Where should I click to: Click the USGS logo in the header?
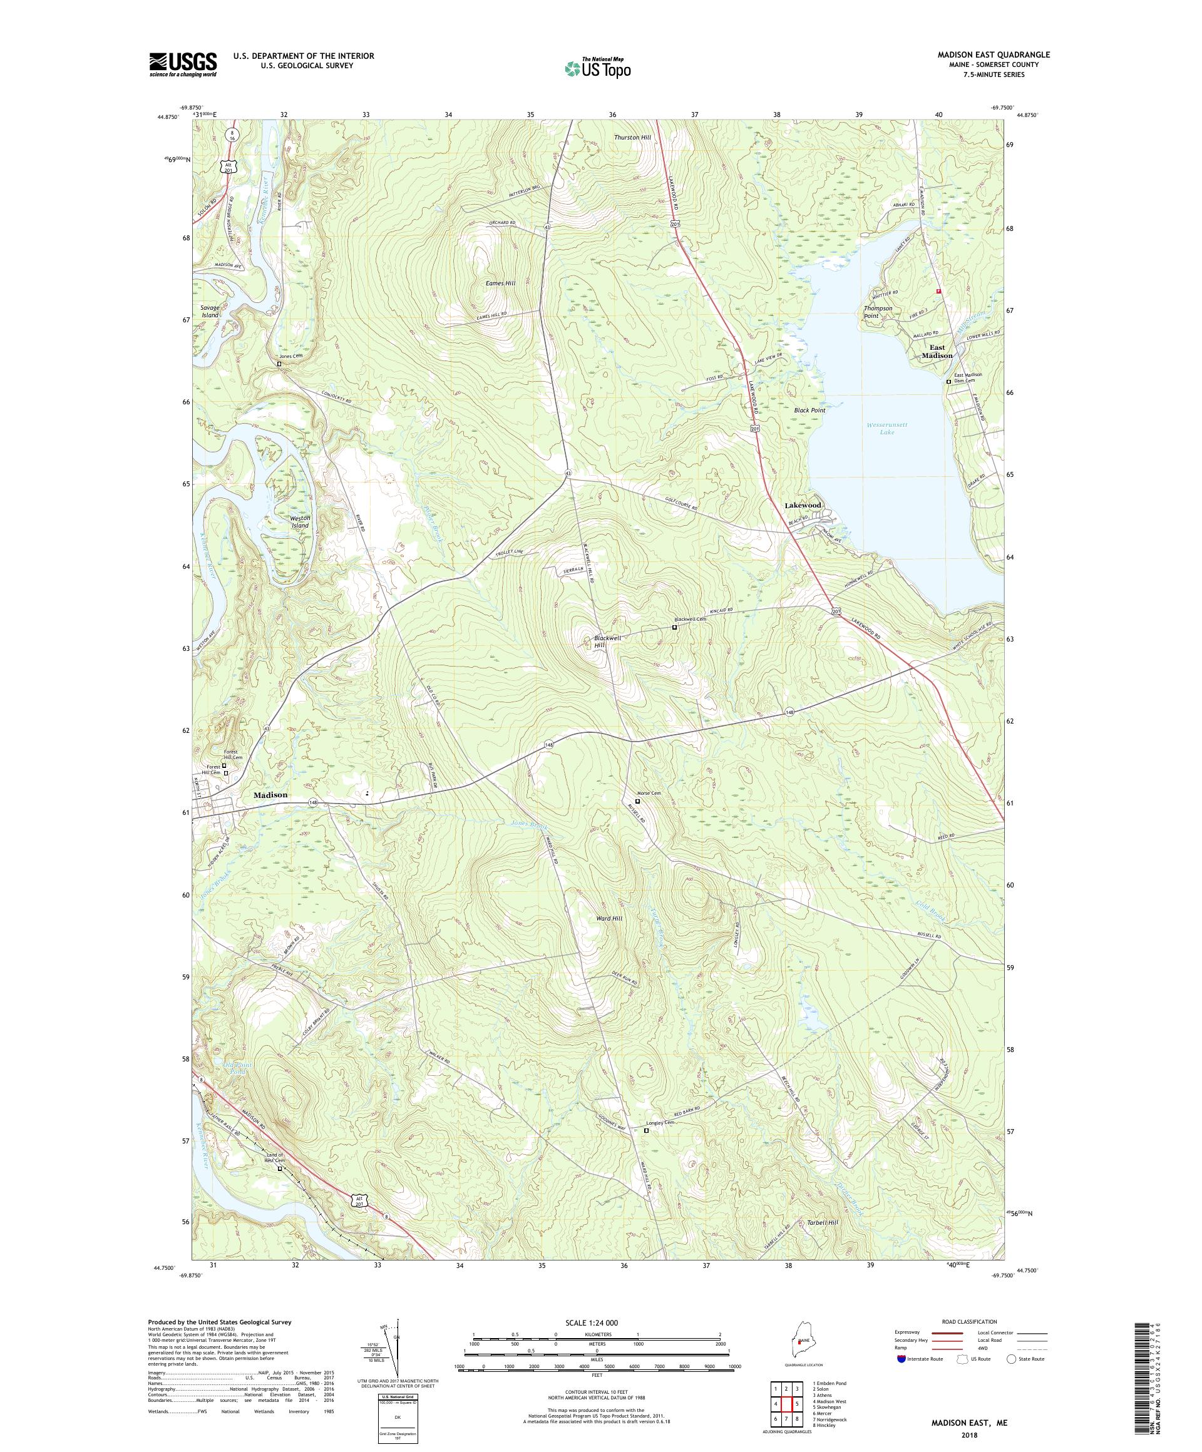(x=183, y=64)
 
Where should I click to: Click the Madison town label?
(x=270, y=794)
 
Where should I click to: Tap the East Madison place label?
(x=937, y=351)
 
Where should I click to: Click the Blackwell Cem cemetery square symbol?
(x=674, y=627)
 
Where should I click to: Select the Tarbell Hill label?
(x=823, y=1222)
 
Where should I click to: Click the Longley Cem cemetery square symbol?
(x=647, y=1130)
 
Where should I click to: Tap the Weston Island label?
(x=299, y=521)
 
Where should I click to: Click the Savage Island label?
(x=210, y=311)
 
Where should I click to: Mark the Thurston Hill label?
(x=632, y=138)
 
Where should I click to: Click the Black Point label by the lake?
(x=809, y=410)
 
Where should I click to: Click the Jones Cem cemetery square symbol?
(x=279, y=364)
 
